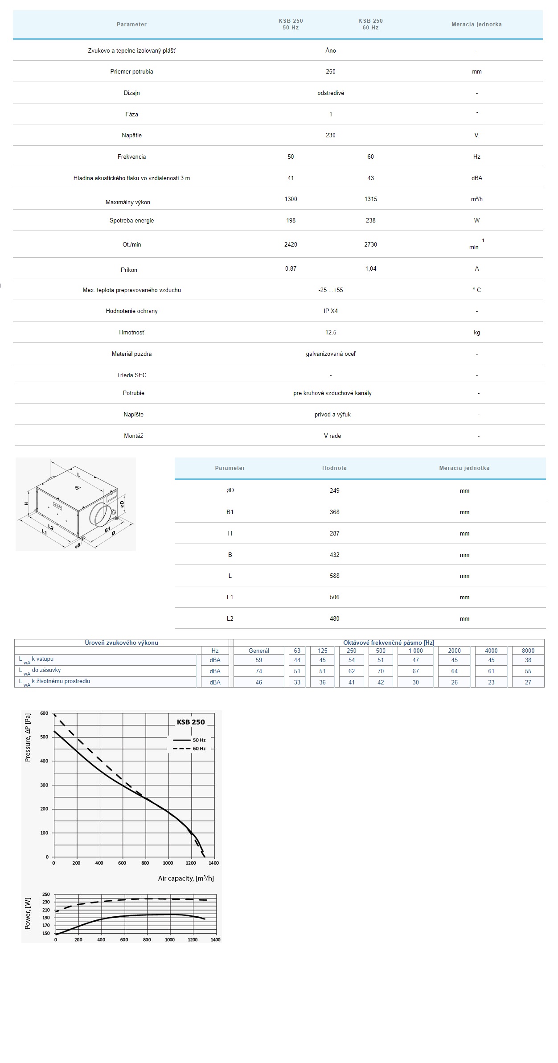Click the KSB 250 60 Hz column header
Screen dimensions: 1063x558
[370, 24]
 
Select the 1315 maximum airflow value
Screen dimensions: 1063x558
[370, 199]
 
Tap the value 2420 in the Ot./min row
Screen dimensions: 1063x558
[291, 244]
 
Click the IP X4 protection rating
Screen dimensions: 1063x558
[331, 311]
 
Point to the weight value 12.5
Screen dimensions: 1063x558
[331, 332]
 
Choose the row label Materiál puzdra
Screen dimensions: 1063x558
[131, 354]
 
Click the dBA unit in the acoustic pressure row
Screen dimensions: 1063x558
[476, 178]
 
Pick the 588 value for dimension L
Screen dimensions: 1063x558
[334, 576]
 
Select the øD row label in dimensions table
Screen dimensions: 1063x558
[230, 490]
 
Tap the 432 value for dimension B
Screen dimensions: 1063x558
[334, 555]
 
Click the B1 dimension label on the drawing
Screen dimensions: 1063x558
[107, 530]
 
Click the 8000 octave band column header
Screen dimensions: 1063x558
[528, 651]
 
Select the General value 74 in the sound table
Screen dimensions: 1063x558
[258, 671]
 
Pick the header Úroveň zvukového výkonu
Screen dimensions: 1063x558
[121, 643]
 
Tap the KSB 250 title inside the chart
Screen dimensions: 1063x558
[191, 722]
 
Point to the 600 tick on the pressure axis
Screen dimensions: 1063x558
[44, 713]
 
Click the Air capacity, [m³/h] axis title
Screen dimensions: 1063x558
[186, 878]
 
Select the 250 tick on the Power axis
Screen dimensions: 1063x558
[46, 894]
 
